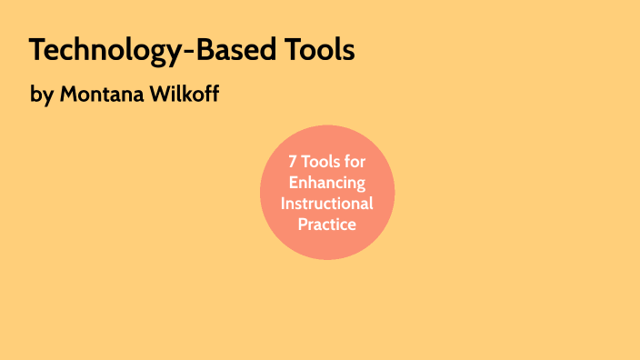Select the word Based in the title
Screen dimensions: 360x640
(229, 51)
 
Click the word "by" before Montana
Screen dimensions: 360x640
(43, 95)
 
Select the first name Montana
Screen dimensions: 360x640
(101, 94)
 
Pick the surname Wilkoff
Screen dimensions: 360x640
(184, 94)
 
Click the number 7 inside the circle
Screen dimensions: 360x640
(293, 162)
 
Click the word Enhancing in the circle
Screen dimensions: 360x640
(327, 183)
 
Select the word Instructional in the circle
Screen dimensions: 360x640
(327, 203)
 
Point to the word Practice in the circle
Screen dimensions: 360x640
(327, 224)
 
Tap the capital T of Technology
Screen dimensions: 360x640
(36, 51)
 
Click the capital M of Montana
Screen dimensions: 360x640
(69, 94)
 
